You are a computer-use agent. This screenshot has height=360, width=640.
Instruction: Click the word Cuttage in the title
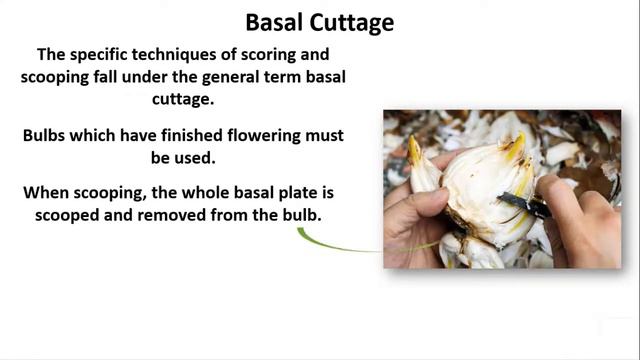point(351,21)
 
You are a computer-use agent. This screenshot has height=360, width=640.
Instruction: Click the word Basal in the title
point(275,21)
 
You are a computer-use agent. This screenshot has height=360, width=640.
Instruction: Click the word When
point(46,191)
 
